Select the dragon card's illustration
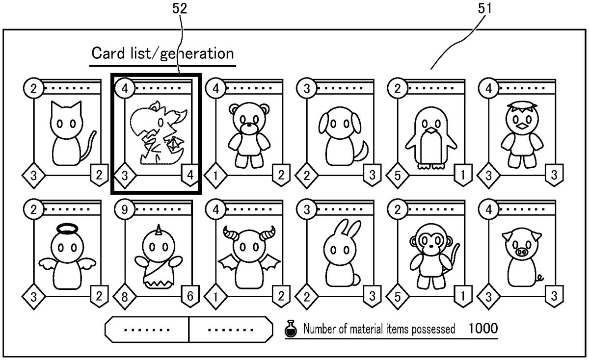(156, 133)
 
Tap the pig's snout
(522, 253)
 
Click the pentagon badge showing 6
(189, 295)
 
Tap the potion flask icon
(291, 329)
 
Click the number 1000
(483, 328)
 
